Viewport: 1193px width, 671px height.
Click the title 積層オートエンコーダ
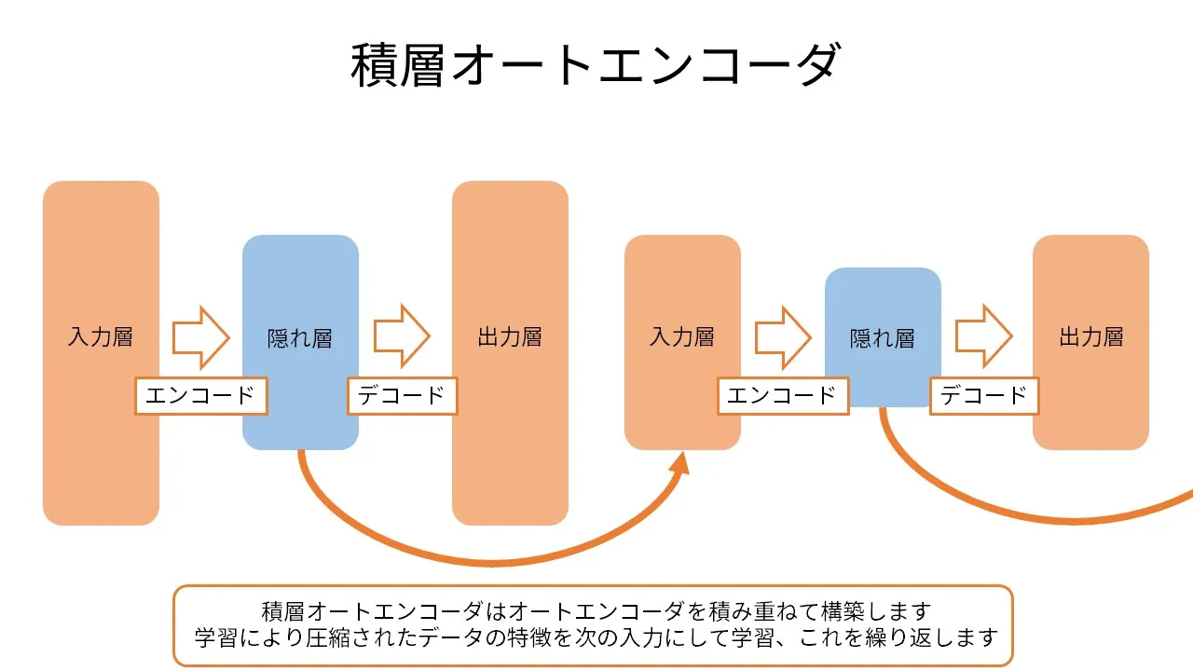[596, 65]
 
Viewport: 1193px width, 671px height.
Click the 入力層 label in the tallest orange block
[101, 337]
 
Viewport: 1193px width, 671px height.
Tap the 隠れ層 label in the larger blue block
[300, 338]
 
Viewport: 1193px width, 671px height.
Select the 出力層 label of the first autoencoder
[510, 337]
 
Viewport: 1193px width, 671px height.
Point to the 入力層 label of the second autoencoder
[682, 337]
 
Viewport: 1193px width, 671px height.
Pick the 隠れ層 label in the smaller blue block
[883, 338]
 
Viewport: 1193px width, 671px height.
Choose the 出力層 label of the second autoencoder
[1090, 337]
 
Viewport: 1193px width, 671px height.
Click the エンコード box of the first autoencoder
[201, 395]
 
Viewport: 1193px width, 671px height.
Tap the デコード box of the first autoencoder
[402, 395]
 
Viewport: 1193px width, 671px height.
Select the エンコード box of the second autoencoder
[783, 395]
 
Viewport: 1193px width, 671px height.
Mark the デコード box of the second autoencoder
[984, 395]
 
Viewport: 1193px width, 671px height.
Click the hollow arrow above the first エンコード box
[201, 336]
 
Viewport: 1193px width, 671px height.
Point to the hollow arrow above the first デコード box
[402, 336]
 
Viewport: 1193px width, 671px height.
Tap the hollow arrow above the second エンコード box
[783, 336]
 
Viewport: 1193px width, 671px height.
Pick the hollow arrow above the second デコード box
[984, 336]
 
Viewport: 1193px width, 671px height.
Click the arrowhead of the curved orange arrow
[680, 463]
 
